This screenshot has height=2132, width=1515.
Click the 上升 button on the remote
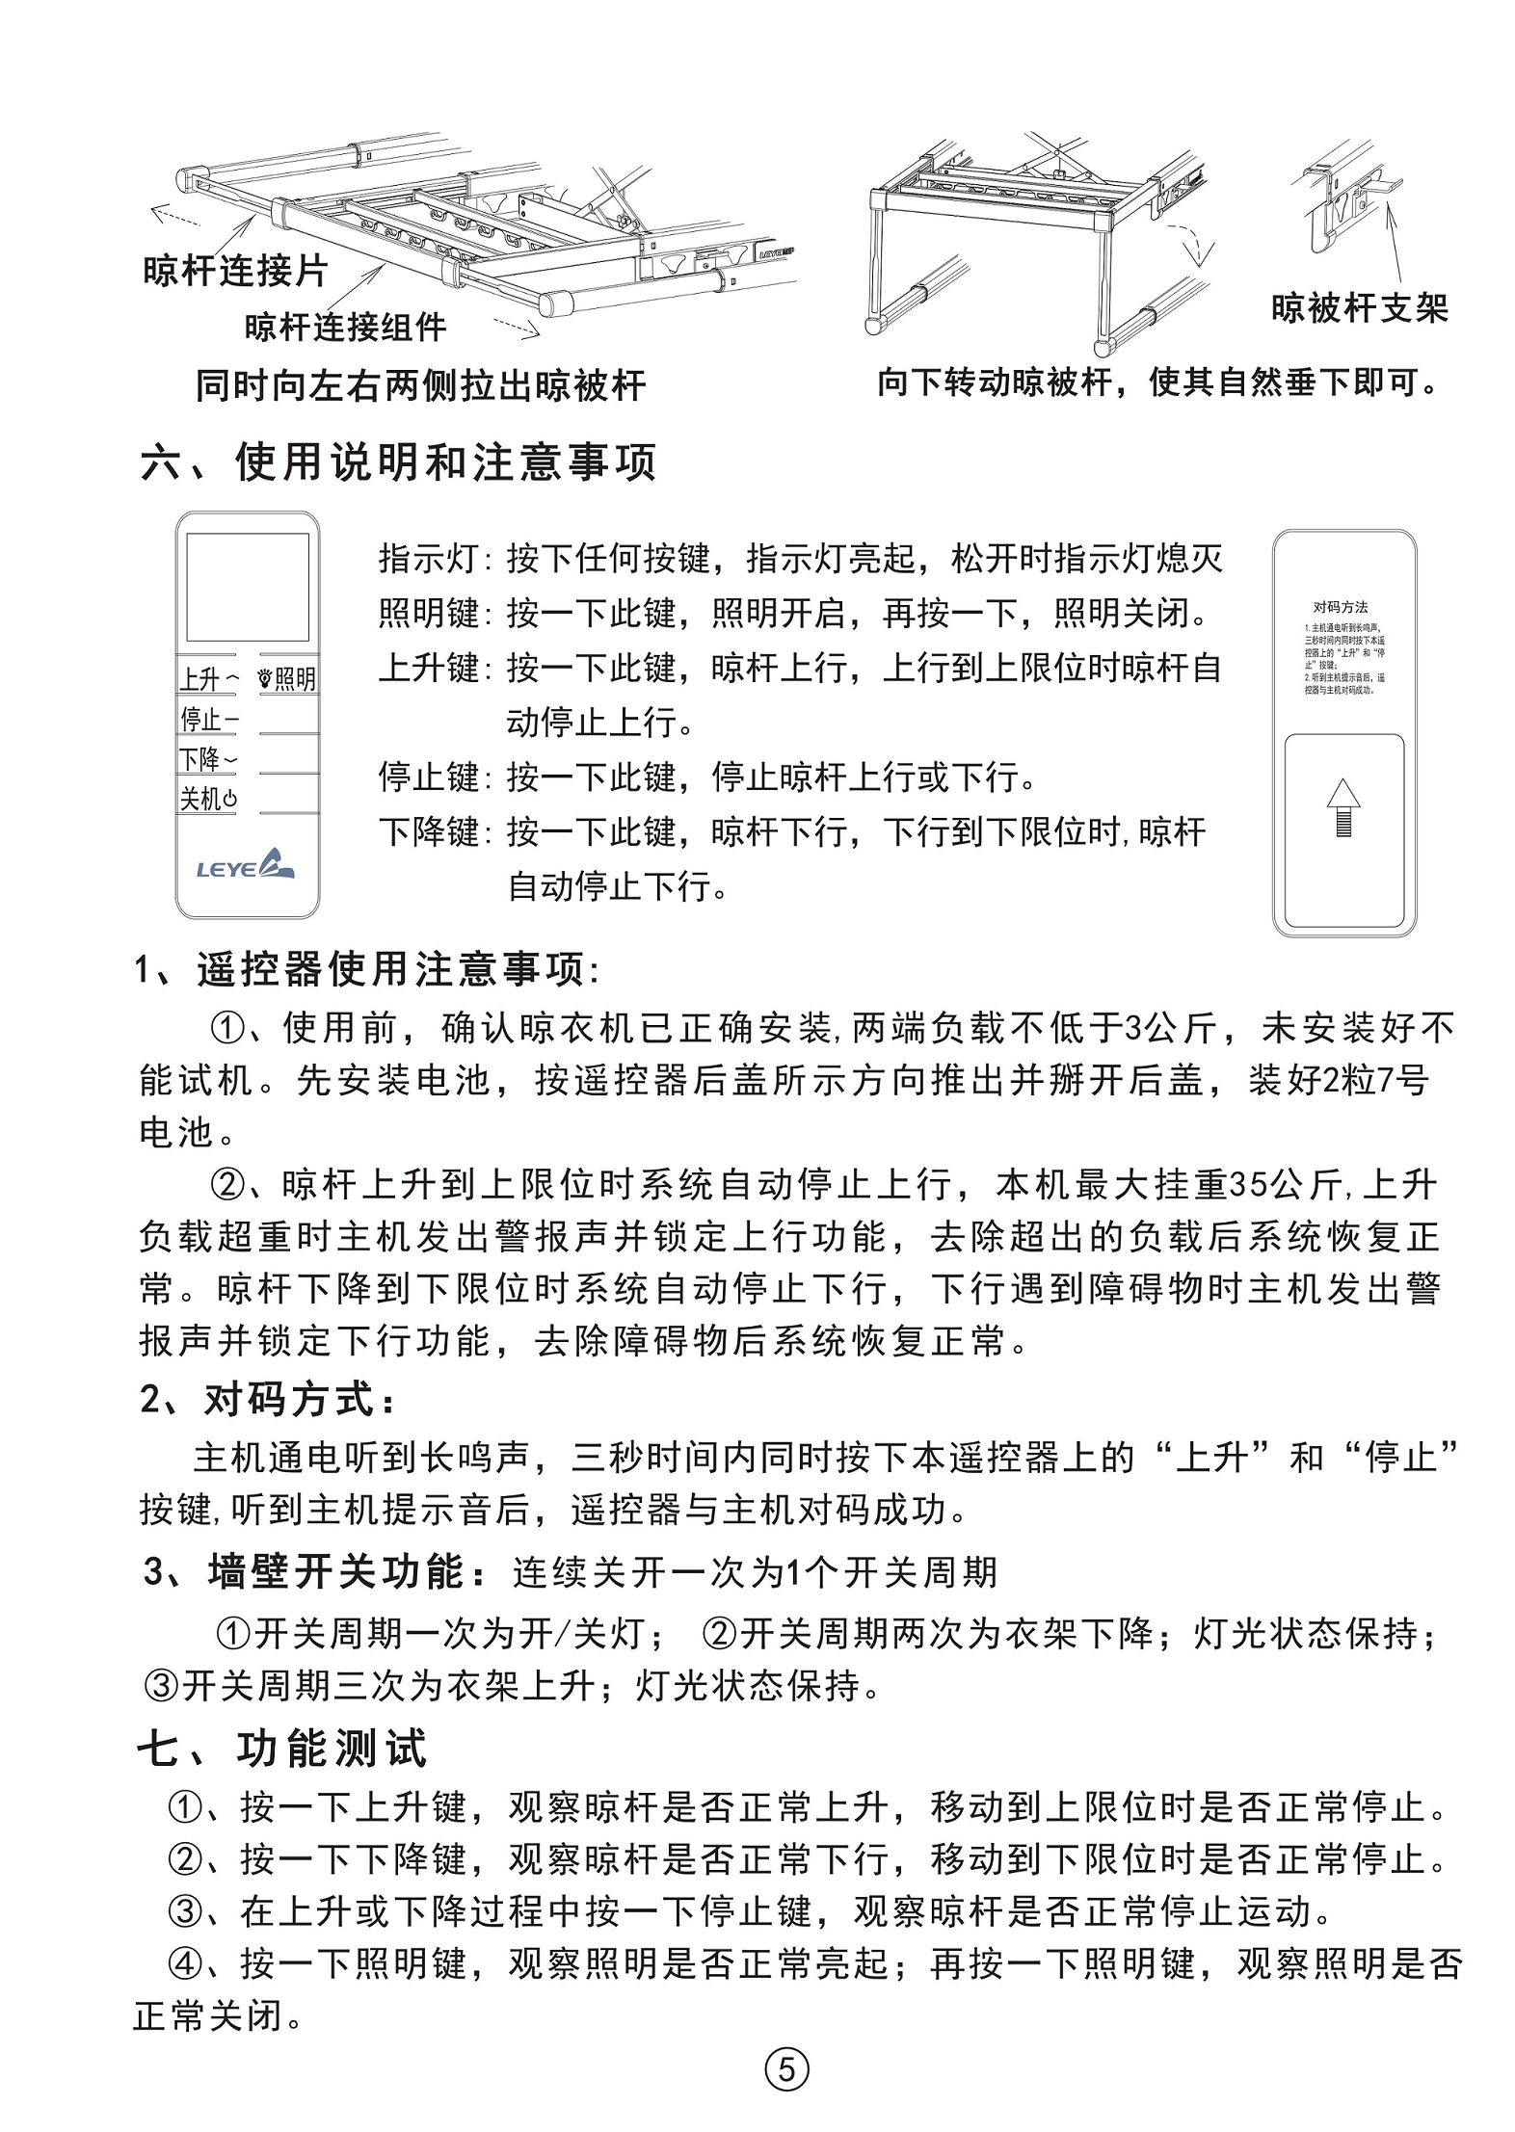(207, 679)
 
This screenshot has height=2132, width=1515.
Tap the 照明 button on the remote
(288, 679)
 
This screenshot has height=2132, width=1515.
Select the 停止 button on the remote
(207, 719)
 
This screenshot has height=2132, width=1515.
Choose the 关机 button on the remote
(207, 799)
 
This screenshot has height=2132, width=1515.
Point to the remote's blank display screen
(248, 587)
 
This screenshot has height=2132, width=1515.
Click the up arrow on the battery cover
(1342, 807)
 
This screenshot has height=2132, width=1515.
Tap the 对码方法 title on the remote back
(1341, 607)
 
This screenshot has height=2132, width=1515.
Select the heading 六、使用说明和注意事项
(398, 461)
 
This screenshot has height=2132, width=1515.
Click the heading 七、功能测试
(282, 1749)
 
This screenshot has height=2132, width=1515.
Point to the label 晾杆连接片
(235, 271)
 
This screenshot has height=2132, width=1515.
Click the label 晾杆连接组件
(345, 328)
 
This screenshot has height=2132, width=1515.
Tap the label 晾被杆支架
(1360, 308)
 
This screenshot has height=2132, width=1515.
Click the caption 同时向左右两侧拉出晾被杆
(420, 385)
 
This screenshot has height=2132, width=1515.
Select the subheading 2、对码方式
(267, 1400)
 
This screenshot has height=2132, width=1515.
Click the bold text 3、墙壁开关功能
(317, 1572)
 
